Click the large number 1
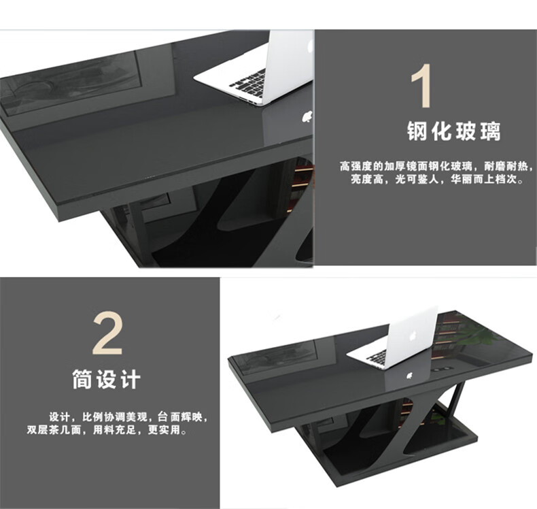point(421,86)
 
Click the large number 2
point(107,333)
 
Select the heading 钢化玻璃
point(454,131)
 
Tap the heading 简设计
point(107,379)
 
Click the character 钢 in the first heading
point(417,131)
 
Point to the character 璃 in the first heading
point(490,131)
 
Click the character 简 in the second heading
point(82,379)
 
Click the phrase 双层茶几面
point(54,429)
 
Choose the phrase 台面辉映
point(179,417)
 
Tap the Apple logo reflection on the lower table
point(409,376)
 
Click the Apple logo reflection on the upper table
point(307,116)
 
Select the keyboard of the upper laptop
point(247,83)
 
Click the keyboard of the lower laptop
point(377,358)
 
